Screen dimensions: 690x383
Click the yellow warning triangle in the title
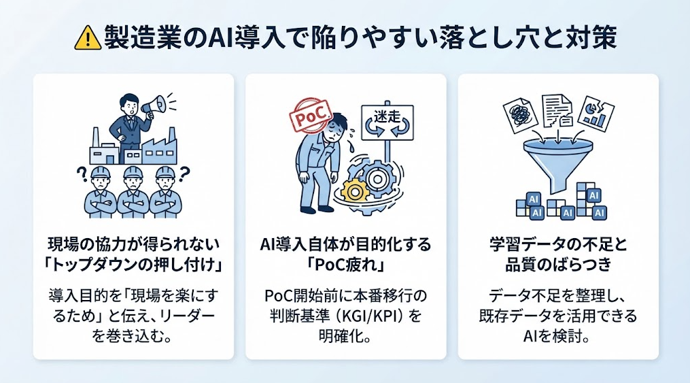click(x=88, y=38)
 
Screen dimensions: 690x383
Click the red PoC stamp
click(x=310, y=116)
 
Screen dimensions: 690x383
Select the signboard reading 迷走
click(x=387, y=122)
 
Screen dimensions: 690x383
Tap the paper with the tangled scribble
click(x=520, y=115)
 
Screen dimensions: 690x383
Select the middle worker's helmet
click(x=133, y=172)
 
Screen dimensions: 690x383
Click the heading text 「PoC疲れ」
click(x=345, y=265)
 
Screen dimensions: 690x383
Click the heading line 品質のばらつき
click(x=558, y=265)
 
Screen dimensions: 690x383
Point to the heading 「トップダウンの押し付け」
click(x=133, y=265)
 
